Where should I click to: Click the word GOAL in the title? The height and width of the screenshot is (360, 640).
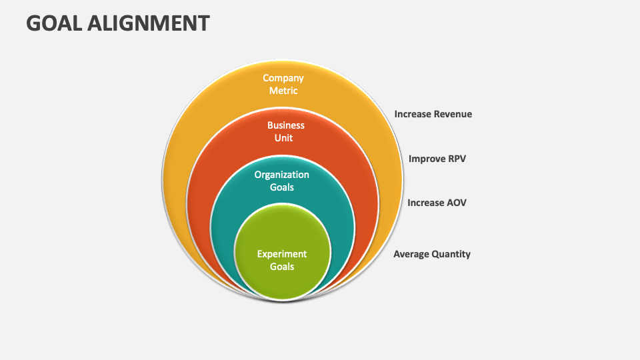[x=53, y=23]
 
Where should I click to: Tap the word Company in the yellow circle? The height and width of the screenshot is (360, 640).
[x=283, y=78]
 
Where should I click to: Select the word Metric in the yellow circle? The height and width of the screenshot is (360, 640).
[x=283, y=91]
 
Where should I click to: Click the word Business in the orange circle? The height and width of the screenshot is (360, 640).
[x=285, y=125]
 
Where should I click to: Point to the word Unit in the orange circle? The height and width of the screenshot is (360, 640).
[x=283, y=138]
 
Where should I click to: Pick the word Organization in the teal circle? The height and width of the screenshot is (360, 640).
[x=281, y=175]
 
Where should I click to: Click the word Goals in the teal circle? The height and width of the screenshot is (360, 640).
[x=281, y=187]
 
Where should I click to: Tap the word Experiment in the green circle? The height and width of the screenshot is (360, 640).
[x=282, y=254]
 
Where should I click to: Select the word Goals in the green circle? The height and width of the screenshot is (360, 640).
[x=281, y=267]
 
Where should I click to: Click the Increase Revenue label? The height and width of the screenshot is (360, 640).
[x=433, y=114]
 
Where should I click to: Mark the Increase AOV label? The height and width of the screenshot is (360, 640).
[x=437, y=203]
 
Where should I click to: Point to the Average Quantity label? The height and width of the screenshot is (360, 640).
[x=431, y=254]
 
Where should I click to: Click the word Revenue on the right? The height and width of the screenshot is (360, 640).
[x=453, y=114]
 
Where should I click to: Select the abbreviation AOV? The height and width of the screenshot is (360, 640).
[x=455, y=203]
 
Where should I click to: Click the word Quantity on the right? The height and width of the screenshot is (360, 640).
[x=450, y=254]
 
